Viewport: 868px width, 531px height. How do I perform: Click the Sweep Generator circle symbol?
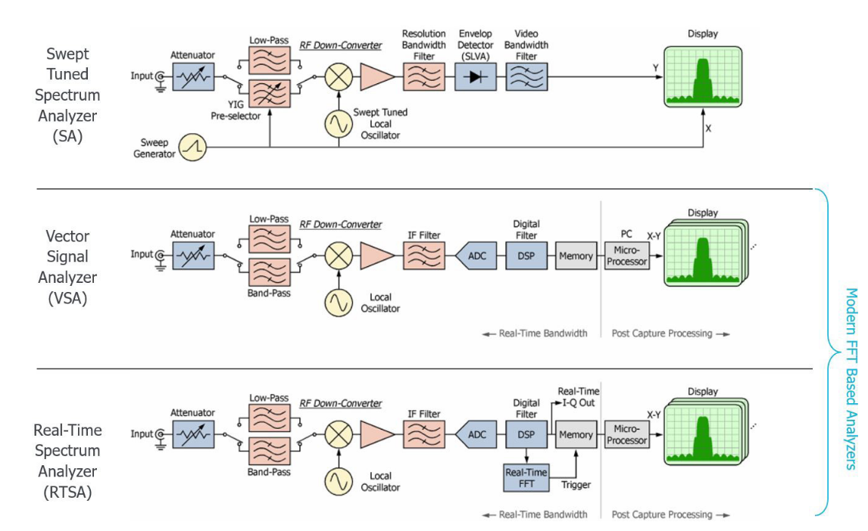click(x=192, y=147)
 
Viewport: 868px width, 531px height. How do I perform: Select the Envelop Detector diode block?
click(x=475, y=76)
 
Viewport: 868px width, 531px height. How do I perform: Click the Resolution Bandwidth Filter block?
click(x=423, y=76)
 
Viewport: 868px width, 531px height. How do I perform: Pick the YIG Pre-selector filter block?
click(x=270, y=93)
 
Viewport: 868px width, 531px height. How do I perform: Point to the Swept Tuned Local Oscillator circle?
click(x=339, y=123)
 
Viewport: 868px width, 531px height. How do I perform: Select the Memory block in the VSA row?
click(x=576, y=256)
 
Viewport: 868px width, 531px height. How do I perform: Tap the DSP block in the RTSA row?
click(x=526, y=435)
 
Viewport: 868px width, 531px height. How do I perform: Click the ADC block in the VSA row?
click(x=475, y=256)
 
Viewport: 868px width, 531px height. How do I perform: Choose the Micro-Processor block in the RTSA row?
click(x=626, y=435)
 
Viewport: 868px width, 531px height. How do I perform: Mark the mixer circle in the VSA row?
click(x=339, y=256)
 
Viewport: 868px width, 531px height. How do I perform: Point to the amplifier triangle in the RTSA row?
click(x=376, y=435)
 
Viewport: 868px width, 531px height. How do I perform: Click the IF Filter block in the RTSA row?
click(x=423, y=435)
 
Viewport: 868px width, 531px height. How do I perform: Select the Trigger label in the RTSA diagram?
click(x=576, y=485)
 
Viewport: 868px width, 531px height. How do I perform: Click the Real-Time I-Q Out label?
click(x=578, y=397)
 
